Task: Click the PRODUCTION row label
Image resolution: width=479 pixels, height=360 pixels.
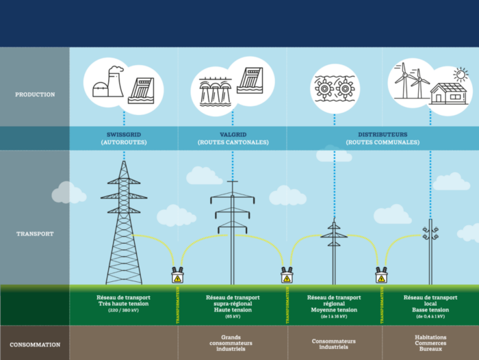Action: (x=35, y=94)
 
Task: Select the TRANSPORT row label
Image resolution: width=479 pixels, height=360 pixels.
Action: (x=35, y=234)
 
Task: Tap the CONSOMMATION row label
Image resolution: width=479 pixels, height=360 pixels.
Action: (x=35, y=344)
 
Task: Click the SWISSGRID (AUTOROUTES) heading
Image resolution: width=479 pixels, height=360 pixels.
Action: (x=124, y=138)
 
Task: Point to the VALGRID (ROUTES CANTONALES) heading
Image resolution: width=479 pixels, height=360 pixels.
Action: (x=232, y=138)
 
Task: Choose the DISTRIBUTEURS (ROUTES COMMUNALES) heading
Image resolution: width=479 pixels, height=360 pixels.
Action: (x=383, y=138)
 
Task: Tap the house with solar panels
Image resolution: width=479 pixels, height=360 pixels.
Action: (x=448, y=94)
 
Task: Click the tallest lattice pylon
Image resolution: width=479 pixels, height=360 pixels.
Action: (x=124, y=226)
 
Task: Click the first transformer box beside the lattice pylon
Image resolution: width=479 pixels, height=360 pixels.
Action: (x=177, y=276)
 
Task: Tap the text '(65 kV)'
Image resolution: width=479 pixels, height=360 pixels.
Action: (x=232, y=316)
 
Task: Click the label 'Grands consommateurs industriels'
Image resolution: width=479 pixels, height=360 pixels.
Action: (x=232, y=343)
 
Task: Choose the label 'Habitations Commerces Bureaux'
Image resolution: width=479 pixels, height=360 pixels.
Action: (x=430, y=343)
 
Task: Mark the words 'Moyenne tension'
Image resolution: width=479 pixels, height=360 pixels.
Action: (x=334, y=310)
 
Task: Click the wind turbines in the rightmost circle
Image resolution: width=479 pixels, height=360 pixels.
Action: (x=409, y=81)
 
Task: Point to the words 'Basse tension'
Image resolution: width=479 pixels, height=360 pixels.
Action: (x=430, y=310)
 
